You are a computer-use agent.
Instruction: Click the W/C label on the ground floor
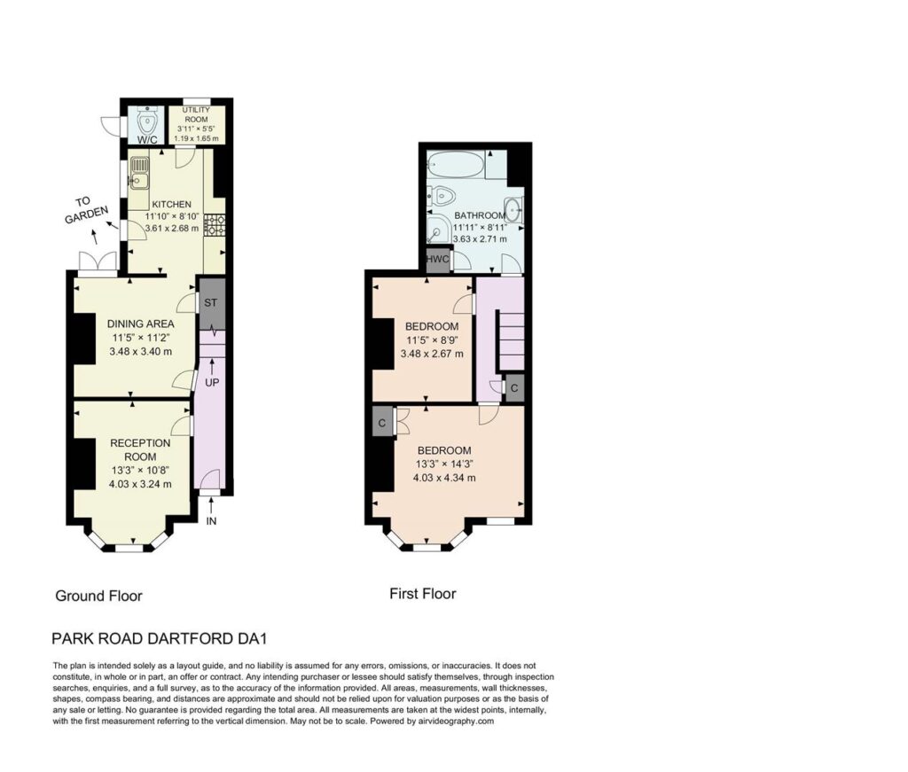point(147,139)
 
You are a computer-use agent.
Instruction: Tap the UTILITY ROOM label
point(196,114)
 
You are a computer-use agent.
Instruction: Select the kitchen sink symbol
point(139,174)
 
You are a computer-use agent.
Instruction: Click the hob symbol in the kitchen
point(216,225)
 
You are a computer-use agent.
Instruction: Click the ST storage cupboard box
point(211,303)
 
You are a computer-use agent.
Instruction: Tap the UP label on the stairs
point(212,383)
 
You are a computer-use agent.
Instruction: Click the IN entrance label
point(211,521)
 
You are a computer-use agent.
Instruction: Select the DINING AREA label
point(141,324)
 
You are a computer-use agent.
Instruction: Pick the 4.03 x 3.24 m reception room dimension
point(140,484)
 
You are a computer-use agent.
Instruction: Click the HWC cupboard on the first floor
point(438,259)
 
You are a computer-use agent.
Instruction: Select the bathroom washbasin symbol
point(513,209)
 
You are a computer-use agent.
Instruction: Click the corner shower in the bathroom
point(438,228)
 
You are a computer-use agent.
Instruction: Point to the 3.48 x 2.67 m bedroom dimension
point(432,354)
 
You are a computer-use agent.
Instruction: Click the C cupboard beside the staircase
point(514,388)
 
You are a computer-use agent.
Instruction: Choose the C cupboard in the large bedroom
point(381,423)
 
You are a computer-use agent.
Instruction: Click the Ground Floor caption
point(98,597)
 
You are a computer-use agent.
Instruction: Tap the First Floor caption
point(423,594)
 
